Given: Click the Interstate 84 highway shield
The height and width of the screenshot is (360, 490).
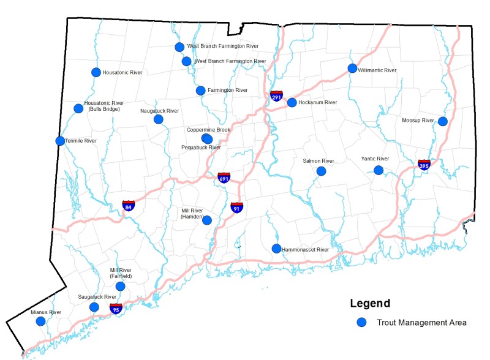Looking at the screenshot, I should pyautogui.click(x=129, y=206).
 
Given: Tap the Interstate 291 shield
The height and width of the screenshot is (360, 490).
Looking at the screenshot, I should pyautogui.click(x=276, y=96).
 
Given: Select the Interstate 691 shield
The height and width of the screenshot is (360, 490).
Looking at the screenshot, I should pyautogui.click(x=224, y=178).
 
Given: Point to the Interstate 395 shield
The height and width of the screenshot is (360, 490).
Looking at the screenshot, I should pyautogui.click(x=424, y=164).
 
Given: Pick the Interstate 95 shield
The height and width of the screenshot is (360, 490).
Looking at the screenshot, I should pyautogui.click(x=115, y=308).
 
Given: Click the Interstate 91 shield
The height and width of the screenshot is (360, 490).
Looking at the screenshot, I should pyautogui.click(x=236, y=207).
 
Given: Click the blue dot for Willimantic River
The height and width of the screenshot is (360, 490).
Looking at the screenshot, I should pyautogui.click(x=352, y=69).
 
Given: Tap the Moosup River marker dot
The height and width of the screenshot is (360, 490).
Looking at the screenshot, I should pyautogui.click(x=442, y=121).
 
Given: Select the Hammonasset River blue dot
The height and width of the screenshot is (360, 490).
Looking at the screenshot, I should pyautogui.click(x=276, y=249).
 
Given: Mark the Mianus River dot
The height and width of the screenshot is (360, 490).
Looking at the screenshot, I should pyautogui.click(x=40, y=321).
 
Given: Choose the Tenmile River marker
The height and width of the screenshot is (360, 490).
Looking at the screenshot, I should pyautogui.click(x=60, y=141).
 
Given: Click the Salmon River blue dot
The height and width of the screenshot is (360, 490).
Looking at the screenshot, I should pyautogui.click(x=321, y=171).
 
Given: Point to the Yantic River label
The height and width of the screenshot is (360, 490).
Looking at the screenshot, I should pyautogui.click(x=375, y=159).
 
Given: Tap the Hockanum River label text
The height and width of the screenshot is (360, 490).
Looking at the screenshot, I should pyautogui.click(x=318, y=103).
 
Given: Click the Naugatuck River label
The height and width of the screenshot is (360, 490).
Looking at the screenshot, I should pyautogui.click(x=159, y=111).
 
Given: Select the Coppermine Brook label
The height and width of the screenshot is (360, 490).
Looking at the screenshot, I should pyautogui.click(x=209, y=130).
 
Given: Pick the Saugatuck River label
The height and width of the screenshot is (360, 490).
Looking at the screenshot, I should pyautogui.click(x=97, y=297).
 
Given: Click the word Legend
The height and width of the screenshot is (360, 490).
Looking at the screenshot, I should pyautogui.click(x=370, y=304).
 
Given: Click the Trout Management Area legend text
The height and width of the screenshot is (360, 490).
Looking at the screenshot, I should pyautogui.click(x=421, y=323).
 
